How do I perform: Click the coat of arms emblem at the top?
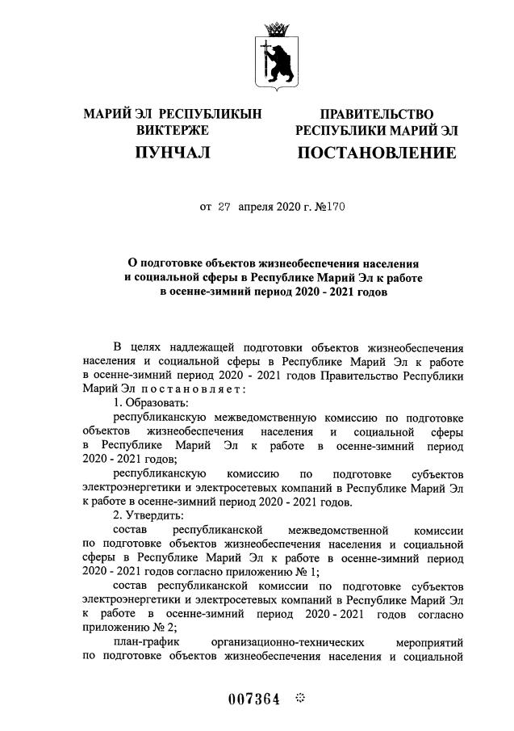(x=277, y=55)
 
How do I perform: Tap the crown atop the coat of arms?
(x=277, y=28)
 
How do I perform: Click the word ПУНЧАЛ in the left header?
(x=172, y=152)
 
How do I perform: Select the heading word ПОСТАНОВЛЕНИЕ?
(x=377, y=152)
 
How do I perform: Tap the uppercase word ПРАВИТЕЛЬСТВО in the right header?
(x=377, y=113)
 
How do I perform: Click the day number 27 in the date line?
(x=224, y=208)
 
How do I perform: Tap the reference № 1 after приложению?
(x=255, y=572)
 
